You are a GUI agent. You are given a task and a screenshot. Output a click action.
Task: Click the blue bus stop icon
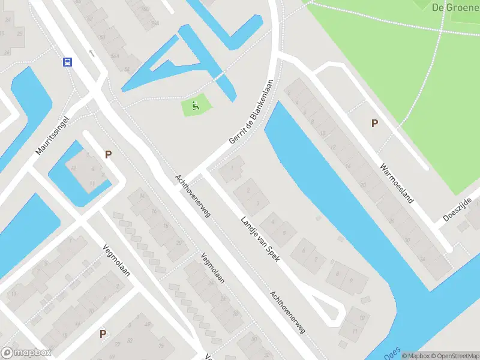click(67, 61)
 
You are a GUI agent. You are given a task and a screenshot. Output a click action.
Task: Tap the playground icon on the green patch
click(195, 107)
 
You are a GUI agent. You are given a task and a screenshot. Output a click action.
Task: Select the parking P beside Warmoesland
click(375, 123)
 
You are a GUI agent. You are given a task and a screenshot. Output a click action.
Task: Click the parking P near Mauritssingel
click(108, 154)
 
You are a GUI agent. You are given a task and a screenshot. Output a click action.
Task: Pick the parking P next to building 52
click(103, 334)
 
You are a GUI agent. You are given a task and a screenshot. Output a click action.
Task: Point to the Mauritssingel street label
click(53, 136)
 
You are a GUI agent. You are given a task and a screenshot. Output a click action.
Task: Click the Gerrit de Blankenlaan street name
click(251, 112)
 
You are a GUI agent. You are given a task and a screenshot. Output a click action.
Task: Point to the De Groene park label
click(454, 7)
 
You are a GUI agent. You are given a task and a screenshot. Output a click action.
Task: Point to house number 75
click(161, 346)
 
